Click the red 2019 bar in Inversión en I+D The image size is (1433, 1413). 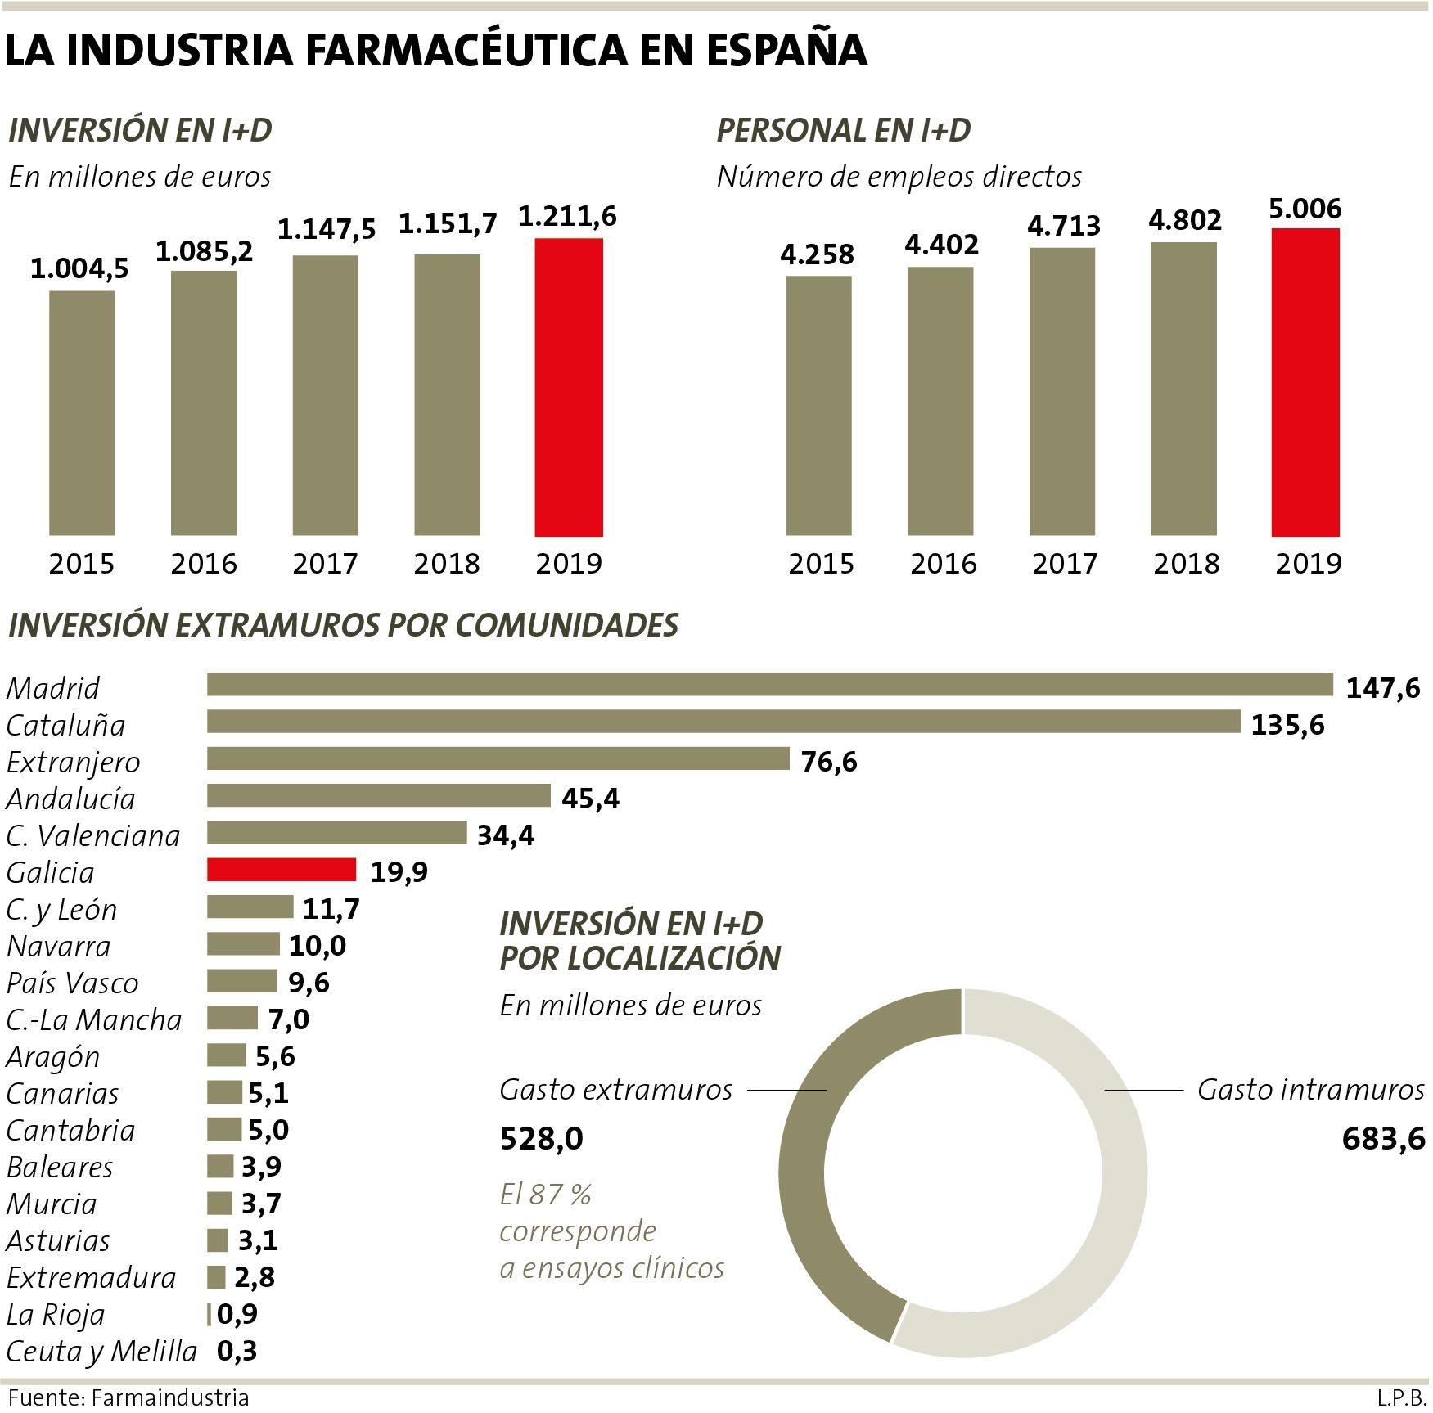569,387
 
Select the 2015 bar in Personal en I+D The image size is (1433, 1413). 818,406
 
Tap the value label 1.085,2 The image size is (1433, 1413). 205,252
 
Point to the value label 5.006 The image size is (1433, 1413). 1305,209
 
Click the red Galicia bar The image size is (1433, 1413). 282,870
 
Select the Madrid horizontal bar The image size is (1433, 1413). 769,685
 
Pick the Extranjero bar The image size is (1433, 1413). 498,759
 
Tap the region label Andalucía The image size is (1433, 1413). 70,799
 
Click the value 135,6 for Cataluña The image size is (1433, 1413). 1287,725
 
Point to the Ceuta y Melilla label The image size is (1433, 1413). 101,1351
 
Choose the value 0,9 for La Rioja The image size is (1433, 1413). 237,1314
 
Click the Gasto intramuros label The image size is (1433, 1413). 1310,1090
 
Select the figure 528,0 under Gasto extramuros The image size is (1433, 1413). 542,1138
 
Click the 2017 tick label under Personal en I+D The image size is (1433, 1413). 1064,564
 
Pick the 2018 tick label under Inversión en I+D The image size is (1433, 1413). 447,564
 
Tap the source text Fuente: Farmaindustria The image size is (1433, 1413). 128,1397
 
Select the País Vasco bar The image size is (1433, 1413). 242,980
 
